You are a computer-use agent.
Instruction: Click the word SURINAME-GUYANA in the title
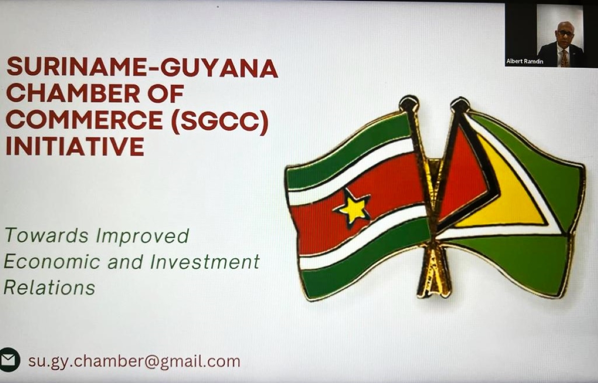point(142,68)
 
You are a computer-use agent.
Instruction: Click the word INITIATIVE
point(75,146)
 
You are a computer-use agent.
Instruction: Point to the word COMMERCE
point(84,120)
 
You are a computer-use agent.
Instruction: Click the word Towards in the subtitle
point(46,235)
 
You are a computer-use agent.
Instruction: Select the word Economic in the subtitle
point(52,261)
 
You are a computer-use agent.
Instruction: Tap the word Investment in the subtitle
point(205,261)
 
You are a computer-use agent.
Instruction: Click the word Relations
point(49,287)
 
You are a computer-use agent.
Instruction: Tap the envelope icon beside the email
point(8,360)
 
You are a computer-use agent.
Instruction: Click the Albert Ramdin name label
point(525,61)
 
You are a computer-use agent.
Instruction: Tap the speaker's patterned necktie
point(564,58)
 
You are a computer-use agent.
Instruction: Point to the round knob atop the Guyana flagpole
point(459,105)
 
